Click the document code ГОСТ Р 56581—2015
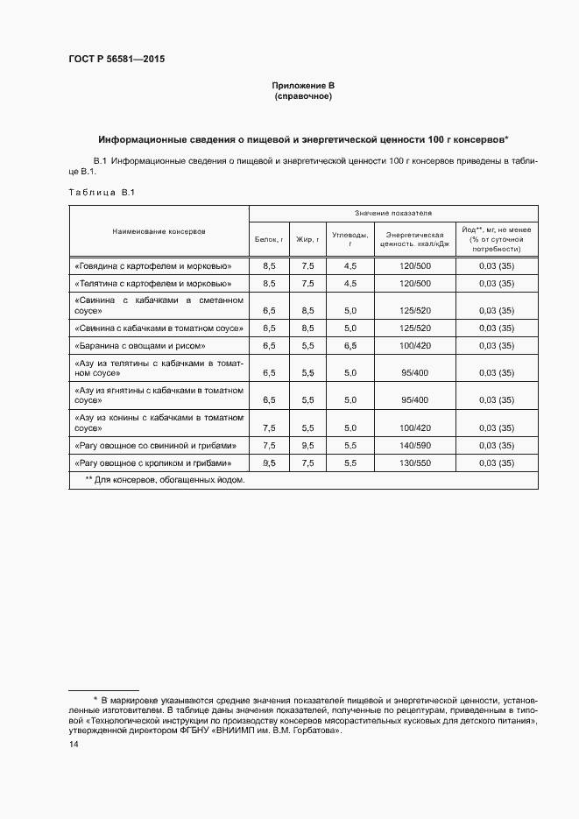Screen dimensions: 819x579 tap(117, 60)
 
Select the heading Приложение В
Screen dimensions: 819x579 tap(303, 85)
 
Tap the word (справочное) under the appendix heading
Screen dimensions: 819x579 tap(303, 95)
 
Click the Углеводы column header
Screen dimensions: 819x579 tap(350, 238)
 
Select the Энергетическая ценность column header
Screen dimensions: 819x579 tap(410, 238)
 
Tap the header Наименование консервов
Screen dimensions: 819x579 tap(159, 231)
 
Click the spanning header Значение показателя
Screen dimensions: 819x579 tap(393, 213)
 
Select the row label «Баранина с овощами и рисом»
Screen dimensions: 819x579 tap(139, 345)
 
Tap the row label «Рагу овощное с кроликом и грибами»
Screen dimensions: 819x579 tap(153, 462)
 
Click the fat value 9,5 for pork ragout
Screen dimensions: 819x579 tap(307, 445)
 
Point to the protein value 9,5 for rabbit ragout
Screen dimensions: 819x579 tap(269, 462)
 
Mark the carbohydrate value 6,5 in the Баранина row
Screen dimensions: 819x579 tap(350, 346)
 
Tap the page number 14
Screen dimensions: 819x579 tap(74, 744)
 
